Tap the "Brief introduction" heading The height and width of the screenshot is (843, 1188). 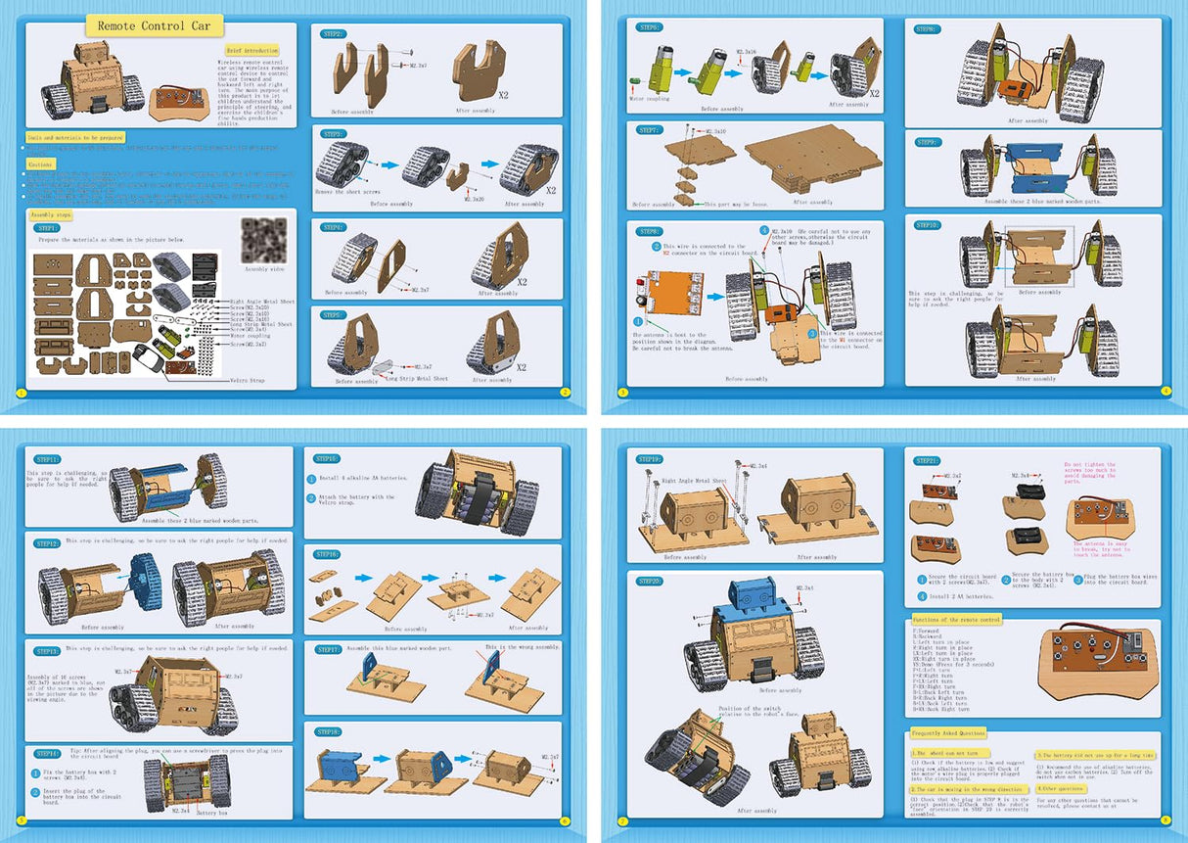click(251, 50)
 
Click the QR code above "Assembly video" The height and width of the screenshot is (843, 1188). click(263, 240)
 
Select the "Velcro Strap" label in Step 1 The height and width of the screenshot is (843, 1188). click(251, 380)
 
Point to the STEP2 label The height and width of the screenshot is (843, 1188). click(335, 34)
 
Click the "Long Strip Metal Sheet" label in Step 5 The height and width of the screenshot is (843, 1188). click(416, 378)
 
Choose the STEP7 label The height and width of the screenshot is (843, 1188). click(649, 129)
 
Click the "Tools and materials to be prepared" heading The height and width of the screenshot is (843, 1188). click(75, 138)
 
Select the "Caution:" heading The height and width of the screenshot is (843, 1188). click(40, 164)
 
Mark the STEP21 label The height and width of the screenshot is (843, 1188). click(927, 460)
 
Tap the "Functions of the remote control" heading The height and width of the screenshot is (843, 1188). click(956, 620)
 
